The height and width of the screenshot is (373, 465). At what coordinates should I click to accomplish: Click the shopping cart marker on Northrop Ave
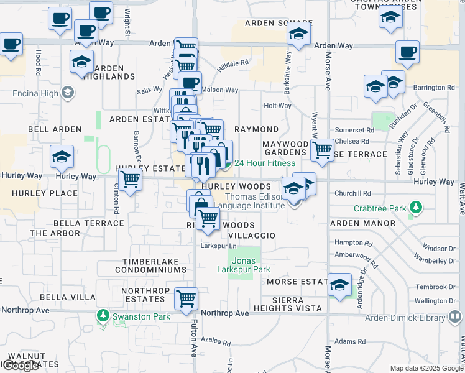(x=186, y=298)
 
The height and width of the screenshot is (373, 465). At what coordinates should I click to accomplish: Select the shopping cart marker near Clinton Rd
(x=131, y=180)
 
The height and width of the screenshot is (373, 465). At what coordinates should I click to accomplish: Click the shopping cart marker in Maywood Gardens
(x=322, y=150)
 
